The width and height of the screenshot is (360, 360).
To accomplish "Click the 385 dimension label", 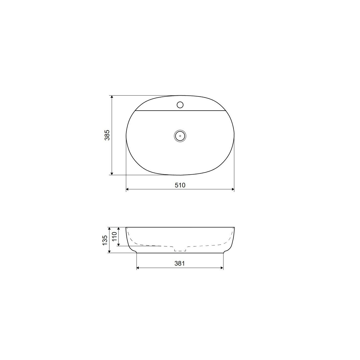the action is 107,135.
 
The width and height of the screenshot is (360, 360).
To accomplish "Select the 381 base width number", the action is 180,263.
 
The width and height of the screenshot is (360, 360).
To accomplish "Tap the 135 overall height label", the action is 105,240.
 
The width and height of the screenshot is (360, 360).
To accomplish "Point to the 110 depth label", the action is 114,236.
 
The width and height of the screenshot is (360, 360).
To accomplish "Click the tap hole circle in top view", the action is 180,105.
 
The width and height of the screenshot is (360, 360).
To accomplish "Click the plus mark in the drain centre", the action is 180,136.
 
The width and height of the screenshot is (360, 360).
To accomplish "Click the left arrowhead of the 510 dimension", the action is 128,189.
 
